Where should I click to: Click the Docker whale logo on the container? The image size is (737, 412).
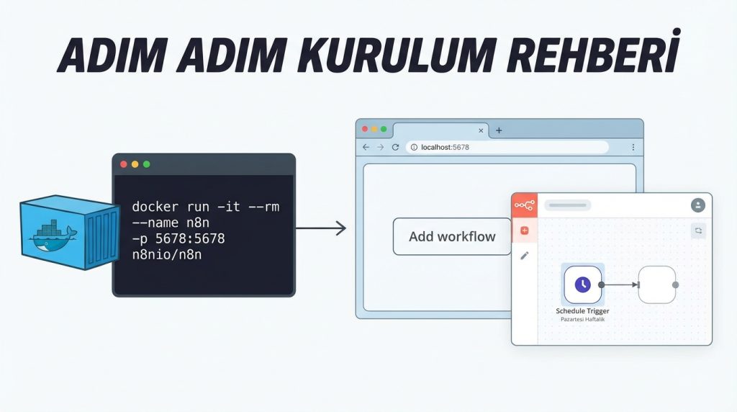tap(52, 235)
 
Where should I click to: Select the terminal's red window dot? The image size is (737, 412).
tap(124, 164)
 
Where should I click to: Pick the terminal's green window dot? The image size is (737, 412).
tap(147, 164)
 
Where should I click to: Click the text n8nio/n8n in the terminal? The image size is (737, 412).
tap(167, 254)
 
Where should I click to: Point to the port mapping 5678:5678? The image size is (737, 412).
tap(190, 238)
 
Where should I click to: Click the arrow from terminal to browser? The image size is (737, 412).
tap(321, 228)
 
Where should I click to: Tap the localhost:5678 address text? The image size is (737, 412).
tap(445, 147)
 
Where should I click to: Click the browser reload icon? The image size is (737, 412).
tap(395, 147)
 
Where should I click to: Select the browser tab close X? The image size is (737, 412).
tap(481, 131)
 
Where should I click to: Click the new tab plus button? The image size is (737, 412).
tap(499, 130)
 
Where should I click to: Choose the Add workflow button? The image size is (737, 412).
tap(452, 236)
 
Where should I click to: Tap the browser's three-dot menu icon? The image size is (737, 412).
tap(633, 147)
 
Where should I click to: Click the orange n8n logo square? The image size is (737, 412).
tap(525, 205)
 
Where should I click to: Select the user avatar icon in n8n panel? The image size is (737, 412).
tap(698, 205)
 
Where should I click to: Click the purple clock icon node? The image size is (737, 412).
tap(583, 285)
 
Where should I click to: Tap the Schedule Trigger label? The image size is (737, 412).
tap(582, 311)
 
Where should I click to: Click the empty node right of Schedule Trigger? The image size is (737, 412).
tap(657, 285)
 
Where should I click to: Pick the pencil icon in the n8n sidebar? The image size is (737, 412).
tap(525, 256)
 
